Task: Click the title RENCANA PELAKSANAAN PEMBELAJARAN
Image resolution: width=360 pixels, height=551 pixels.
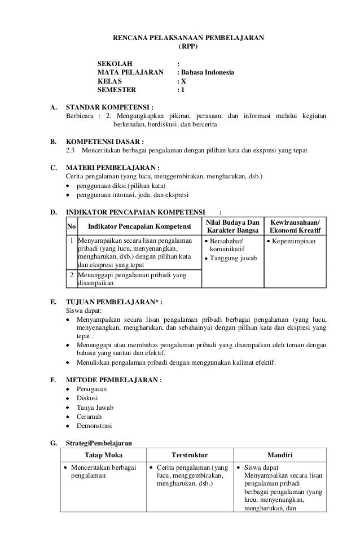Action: coord(188,38)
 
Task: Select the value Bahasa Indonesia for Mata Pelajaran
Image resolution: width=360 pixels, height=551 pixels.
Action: coord(208,72)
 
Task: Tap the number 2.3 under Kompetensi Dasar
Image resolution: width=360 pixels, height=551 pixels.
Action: coord(71,151)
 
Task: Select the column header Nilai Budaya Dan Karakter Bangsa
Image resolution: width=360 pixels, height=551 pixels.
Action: coord(232,227)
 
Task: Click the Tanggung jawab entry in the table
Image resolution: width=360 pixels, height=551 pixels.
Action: coord(232,259)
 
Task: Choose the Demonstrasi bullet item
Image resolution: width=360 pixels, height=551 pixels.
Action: coord(95,425)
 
